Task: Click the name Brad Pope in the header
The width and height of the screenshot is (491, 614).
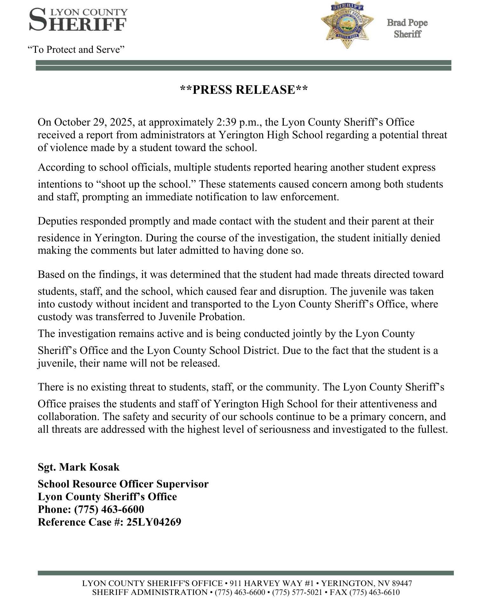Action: tap(407, 23)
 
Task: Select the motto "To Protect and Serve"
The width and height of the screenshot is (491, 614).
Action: tap(76, 50)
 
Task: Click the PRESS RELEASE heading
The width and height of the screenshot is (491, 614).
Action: tap(244, 90)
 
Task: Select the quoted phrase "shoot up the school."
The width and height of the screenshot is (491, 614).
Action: tap(146, 184)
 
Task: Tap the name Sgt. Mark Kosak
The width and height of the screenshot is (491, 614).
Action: tap(78, 467)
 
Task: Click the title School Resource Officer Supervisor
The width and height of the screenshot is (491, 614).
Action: tap(123, 484)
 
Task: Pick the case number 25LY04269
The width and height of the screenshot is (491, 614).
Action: tap(154, 522)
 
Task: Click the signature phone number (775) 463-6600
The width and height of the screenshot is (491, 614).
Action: tap(109, 509)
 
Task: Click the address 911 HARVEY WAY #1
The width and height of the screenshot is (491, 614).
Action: tap(272, 583)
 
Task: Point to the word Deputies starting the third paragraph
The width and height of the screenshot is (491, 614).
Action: tap(57, 221)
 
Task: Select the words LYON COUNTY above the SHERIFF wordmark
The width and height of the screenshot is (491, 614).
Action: tap(89, 12)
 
